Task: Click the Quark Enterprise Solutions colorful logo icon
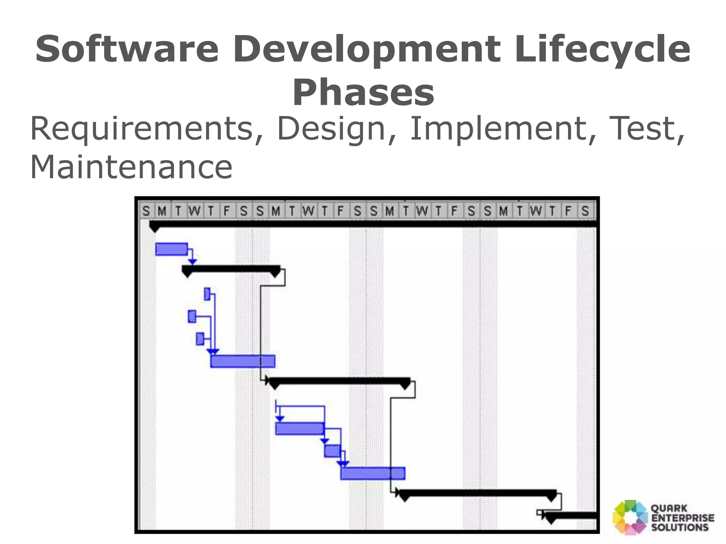(x=630, y=517)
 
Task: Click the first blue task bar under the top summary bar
(x=171, y=249)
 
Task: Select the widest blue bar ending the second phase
(x=242, y=361)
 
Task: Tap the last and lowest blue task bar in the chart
(x=373, y=473)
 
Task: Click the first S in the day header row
(x=146, y=211)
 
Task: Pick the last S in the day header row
(x=585, y=211)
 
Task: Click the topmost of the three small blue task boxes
(x=207, y=294)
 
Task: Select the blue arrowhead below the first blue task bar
(x=192, y=262)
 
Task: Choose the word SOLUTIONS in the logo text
(x=680, y=527)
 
